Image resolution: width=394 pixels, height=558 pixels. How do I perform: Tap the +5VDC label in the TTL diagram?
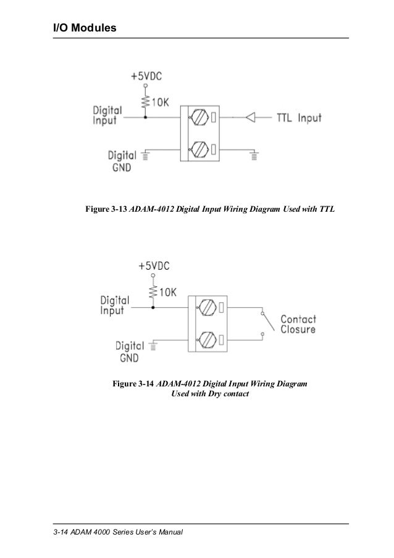146,77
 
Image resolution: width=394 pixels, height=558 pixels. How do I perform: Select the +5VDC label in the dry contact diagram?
153,265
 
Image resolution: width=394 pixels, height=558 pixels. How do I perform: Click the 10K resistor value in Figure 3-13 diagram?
160,103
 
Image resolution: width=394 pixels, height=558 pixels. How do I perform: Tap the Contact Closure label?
298,325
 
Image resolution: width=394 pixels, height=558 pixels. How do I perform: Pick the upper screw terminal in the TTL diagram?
198,116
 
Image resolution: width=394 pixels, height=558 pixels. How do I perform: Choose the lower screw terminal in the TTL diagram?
198,149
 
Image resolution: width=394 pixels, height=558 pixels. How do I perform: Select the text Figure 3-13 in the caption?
106,209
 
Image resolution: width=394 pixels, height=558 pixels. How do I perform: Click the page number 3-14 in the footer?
61,532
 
